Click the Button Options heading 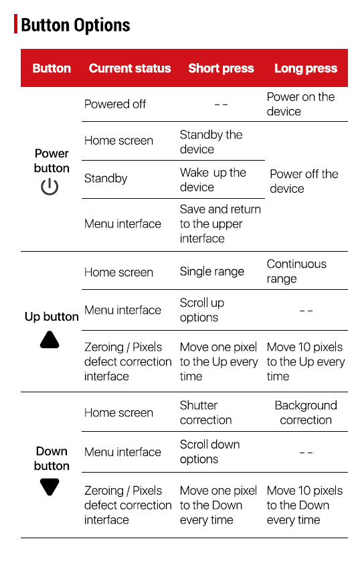tap(76, 25)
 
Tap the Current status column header tap(130, 68)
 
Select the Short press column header tap(221, 68)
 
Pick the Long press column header tap(306, 68)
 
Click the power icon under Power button tap(50, 187)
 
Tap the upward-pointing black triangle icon tap(50, 339)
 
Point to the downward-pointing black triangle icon tap(50, 487)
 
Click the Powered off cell tap(115, 104)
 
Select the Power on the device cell tap(300, 104)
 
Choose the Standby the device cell tap(211, 142)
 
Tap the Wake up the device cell tap(213, 179)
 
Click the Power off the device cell tap(304, 181)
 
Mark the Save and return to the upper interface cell tap(220, 224)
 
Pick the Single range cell tap(212, 272)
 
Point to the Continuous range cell tap(296, 271)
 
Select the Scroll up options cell tap(202, 310)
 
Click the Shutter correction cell tap(205, 412)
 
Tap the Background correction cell tap(306, 412)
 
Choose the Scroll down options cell tap(210, 451)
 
